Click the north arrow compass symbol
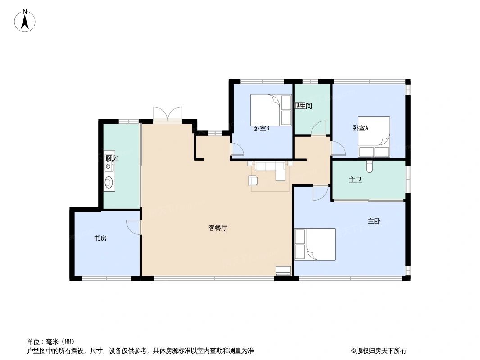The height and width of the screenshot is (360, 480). pos(25,21)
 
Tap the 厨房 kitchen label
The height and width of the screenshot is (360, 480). pos(111,158)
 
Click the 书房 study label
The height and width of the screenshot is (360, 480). pos(100,238)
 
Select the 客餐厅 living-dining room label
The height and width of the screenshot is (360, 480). pos(217,228)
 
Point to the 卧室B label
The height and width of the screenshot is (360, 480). pos(261,128)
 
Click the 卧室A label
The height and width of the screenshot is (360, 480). pos(360,128)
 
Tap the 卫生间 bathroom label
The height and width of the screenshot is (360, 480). pos(303,106)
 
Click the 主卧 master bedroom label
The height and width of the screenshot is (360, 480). pos(374,221)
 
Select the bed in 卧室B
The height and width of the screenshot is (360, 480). pos(271,110)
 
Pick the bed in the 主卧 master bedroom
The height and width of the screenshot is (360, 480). pos(315,244)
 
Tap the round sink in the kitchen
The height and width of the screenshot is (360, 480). pos(109,182)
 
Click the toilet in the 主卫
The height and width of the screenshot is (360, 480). pos(370,166)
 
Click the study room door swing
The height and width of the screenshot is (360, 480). pos(134,227)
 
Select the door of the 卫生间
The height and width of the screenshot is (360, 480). pos(318,128)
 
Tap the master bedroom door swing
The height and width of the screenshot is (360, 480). pos(320,193)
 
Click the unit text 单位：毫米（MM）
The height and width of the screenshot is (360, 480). pos(51,341)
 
